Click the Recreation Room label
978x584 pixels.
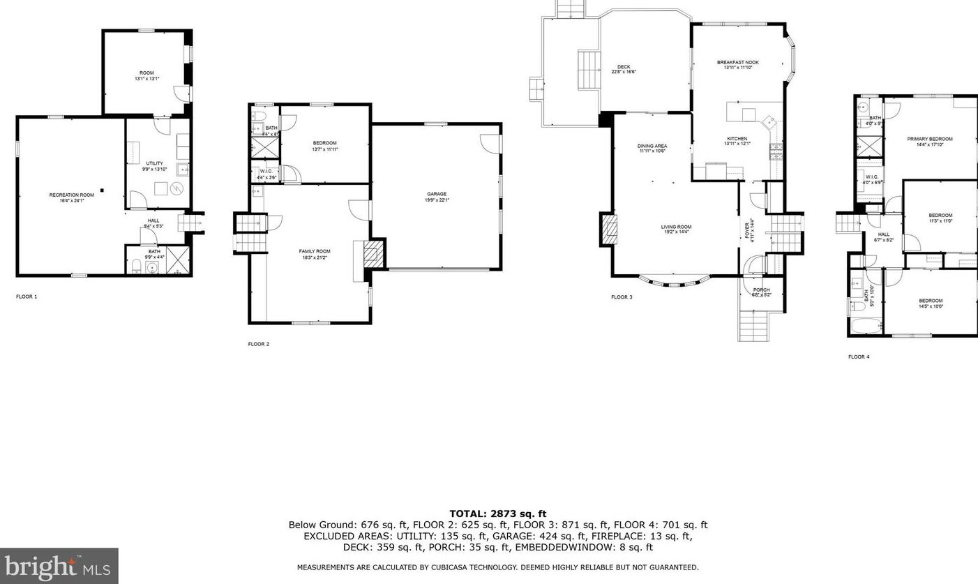(x=71, y=195)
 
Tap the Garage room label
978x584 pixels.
(x=437, y=194)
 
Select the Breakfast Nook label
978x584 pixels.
(x=737, y=63)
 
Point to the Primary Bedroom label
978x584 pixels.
(x=929, y=140)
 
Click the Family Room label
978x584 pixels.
(x=315, y=251)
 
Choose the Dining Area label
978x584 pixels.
(x=652, y=147)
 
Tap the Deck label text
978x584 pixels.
(x=624, y=68)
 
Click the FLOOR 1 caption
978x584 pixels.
(x=27, y=297)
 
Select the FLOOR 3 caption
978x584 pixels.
(x=622, y=297)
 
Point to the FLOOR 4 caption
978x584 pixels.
(x=859, y=357)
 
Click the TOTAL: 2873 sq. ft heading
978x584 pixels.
(x=497, y=514)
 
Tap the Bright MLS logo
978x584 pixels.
(x=59, y=565)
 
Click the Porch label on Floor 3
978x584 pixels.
(x=761, y=290)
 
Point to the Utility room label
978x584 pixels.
(x=154, y=164)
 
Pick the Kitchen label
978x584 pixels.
(x=737, y=140)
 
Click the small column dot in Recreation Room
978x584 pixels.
(x=102, y=189)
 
